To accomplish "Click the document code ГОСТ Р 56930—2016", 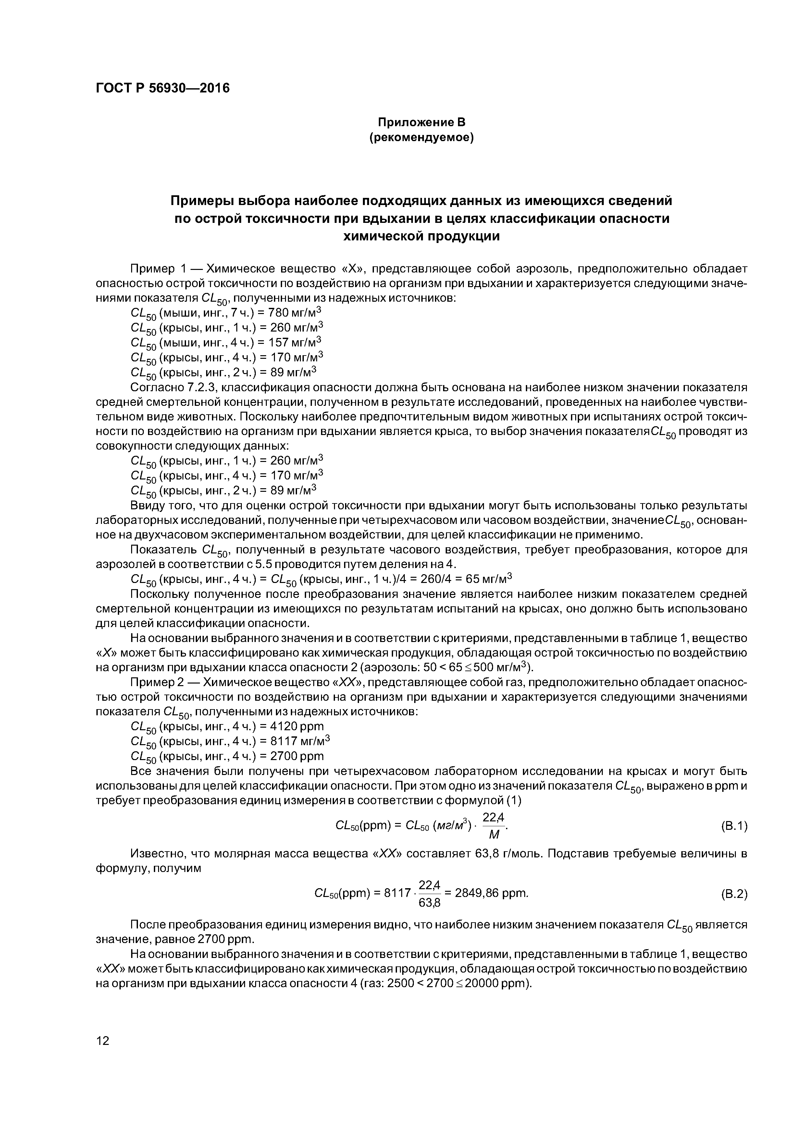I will (163, 89).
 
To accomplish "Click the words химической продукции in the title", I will (422, 236).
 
